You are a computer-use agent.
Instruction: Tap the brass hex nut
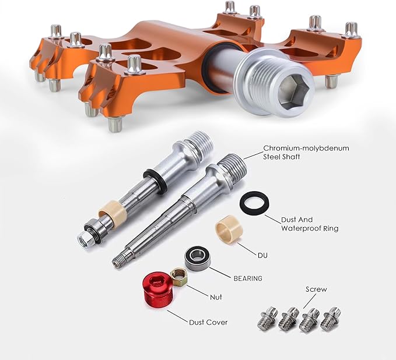[x=178, y=277]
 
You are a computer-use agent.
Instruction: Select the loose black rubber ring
[x=254, y=203]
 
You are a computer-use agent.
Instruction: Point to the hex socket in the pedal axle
[x=293, y=93]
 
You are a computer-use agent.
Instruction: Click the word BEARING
[x=248, y=278]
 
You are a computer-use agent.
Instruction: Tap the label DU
[x=262, y=256]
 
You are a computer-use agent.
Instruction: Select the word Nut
[x=216, y=297]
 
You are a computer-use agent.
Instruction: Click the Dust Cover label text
[x=208, y=322]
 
